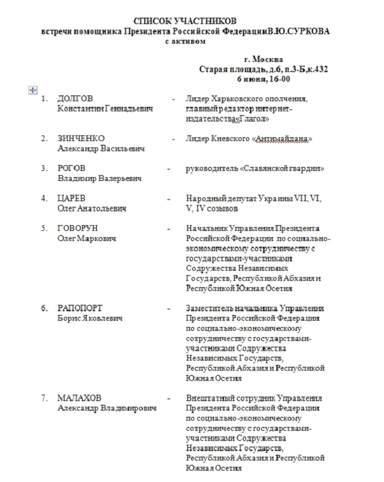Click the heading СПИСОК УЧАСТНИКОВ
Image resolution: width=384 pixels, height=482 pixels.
point(190,21)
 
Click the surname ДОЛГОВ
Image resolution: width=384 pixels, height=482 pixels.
point(75,99)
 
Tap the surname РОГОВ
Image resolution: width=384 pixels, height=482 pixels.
point(71,168)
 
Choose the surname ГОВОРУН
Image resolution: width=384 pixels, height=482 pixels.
point(78,228)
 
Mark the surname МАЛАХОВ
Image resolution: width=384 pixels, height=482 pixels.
point(79,399)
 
